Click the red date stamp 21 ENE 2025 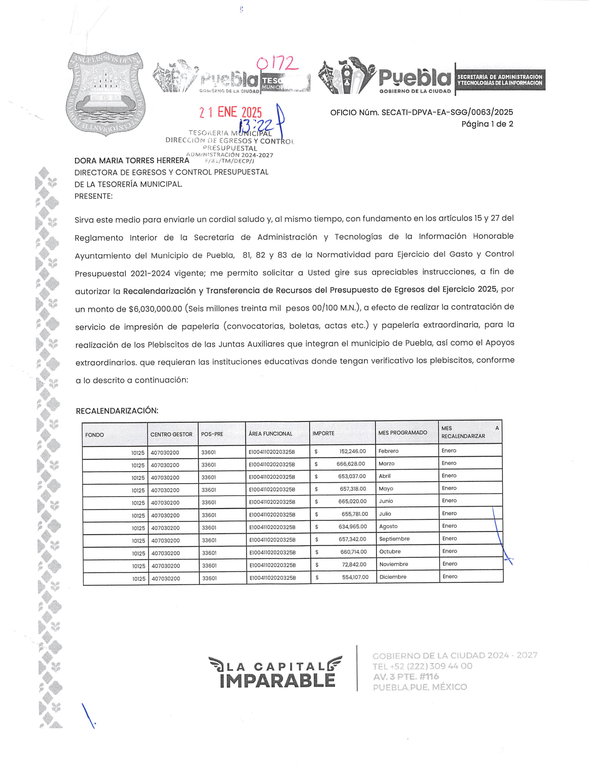pos(231,112)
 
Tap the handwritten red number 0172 pos(277,63)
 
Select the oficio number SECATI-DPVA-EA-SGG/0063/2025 pos(421,112)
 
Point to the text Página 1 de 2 pos(487,124)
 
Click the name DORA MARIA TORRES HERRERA pos(132,161)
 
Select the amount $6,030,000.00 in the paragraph pos(155,309)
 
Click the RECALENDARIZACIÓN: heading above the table pos(117,411)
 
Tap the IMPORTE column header pos(324,433)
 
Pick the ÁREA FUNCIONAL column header pos(270,434)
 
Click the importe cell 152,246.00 pos(352,451)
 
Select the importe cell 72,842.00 pos(354,564)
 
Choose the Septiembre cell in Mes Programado pos(394,539)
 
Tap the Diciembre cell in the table pos(393,577)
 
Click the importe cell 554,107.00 pos(355,577)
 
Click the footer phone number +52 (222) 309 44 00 pos(422,666)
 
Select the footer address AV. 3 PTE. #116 pos(406,677)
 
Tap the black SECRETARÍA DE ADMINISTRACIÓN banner pos(500,80)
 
